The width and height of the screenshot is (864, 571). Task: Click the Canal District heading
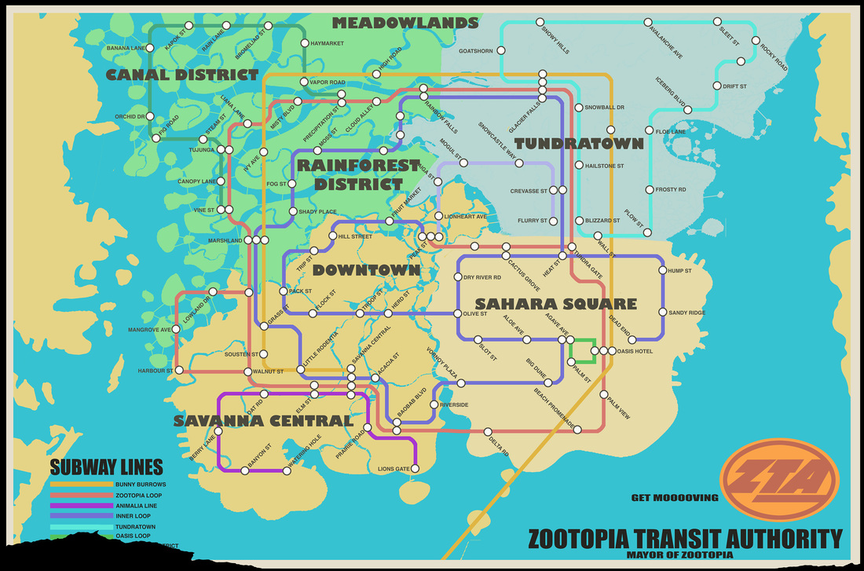click(182, 75)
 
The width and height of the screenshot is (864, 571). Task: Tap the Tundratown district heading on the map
click(579, 144)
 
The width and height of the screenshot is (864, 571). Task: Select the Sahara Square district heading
click(555, 304)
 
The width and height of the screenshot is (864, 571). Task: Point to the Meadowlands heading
click(405, 23)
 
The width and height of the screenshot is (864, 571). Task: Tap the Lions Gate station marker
click(416, 469)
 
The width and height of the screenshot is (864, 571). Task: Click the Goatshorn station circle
click(501, 52)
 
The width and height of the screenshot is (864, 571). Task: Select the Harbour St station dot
click(180, 370)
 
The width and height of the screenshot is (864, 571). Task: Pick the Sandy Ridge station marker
click(663, 313)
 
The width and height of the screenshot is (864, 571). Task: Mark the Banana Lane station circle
click(152, 49)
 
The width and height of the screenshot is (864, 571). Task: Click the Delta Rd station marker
click(488, 431)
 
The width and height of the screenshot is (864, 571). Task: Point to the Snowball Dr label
click(604, 108)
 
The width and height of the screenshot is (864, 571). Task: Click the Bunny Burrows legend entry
click(141, 485)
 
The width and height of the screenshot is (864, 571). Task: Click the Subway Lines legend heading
click(106, 467)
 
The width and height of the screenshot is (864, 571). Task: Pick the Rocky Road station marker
click(756, 41)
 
